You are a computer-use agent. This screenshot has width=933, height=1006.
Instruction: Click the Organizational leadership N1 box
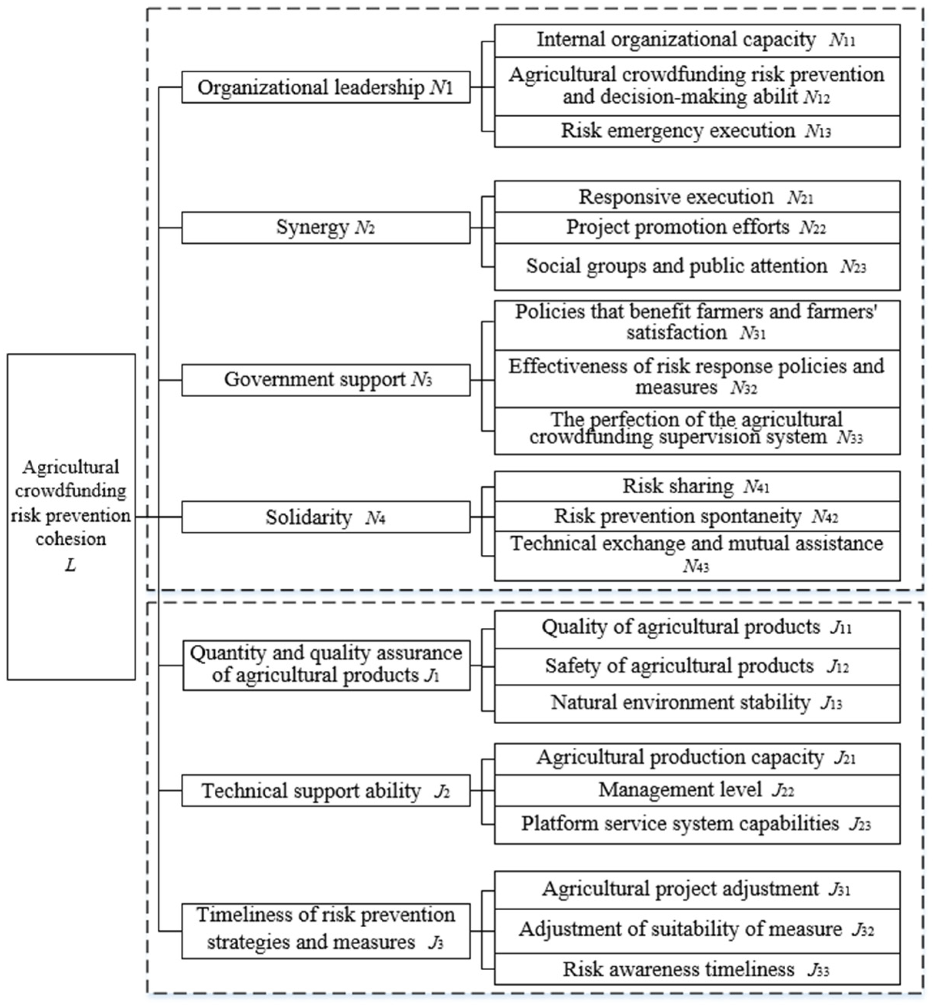(325, 87)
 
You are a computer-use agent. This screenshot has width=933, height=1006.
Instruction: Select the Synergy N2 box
(325, 228)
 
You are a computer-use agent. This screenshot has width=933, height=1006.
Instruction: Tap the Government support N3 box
(325, 379)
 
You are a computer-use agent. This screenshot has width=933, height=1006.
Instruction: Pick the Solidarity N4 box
(325, 517)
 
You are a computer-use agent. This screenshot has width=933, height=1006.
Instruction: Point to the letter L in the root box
(71, 565)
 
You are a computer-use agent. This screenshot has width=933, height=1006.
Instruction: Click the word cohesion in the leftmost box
(71, 539)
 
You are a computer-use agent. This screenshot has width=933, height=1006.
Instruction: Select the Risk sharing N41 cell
(697, 486)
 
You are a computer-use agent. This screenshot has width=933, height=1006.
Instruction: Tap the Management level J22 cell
(697, 790)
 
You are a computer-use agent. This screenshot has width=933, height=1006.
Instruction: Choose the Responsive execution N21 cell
(697, 197)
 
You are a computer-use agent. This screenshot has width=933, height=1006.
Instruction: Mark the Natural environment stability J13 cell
(697, 702)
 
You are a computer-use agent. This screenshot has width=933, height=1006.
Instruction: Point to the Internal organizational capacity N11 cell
(697, 40)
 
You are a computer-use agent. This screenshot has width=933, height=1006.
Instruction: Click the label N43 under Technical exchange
(696, 567)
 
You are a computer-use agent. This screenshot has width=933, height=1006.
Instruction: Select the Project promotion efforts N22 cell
(697, 228)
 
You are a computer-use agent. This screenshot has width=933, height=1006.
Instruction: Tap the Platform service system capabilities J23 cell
(697, 824)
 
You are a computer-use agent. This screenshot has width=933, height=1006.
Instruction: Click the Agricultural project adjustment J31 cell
(697, 889)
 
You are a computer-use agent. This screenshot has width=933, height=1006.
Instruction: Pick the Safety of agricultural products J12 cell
(697, 666)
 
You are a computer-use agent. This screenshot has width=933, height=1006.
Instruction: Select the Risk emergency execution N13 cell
(697, 131)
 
